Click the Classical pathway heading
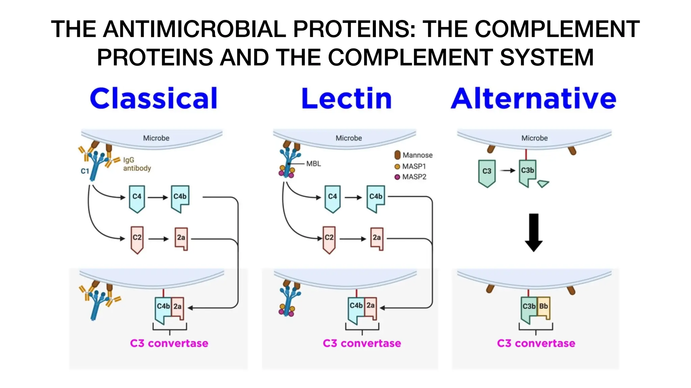(154, 98)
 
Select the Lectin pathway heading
(347, 98)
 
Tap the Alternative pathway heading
(534, 98)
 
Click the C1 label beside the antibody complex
(85, 171)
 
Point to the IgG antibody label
(137, 164)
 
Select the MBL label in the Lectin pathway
(313, 164)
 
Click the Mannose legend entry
(414, 155)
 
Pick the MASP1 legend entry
(411, 166)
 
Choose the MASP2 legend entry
(411, 177)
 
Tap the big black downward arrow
(534, 232)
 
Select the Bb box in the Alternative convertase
(544, 306)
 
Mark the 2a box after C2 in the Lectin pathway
(377, 238)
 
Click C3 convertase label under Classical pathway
(169, 343)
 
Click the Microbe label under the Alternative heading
(534, 138)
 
